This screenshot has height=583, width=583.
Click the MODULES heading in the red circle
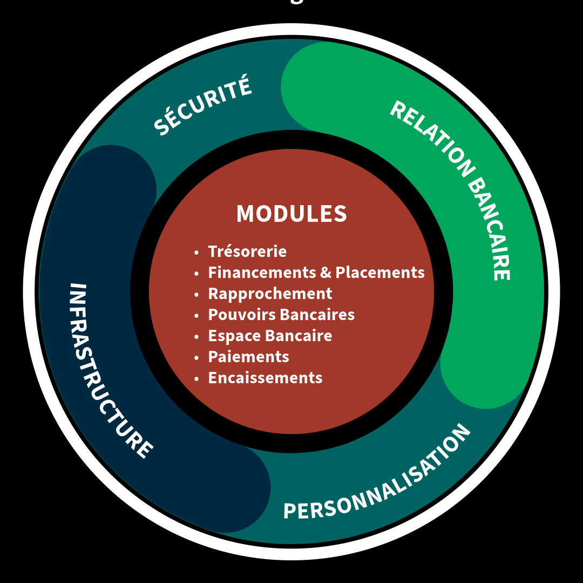[291, 214]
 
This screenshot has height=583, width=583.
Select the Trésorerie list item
[247, 252]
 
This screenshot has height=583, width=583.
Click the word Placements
[380, 273]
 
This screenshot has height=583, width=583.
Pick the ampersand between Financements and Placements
[325, 273]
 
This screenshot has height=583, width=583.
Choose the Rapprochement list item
[270, 294]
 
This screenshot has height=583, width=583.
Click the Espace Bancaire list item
[270, 336]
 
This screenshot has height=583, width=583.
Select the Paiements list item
[248, 357]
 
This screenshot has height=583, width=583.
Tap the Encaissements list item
[265, 378]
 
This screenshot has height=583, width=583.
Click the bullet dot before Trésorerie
[197, 253]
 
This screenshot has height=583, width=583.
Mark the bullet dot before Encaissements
[197, 379]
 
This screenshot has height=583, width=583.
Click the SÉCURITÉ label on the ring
[202, 105]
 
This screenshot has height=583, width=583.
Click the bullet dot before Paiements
[197, 358]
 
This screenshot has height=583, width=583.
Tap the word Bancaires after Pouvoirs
[319, 315]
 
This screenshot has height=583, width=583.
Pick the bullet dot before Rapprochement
[197, 295]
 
